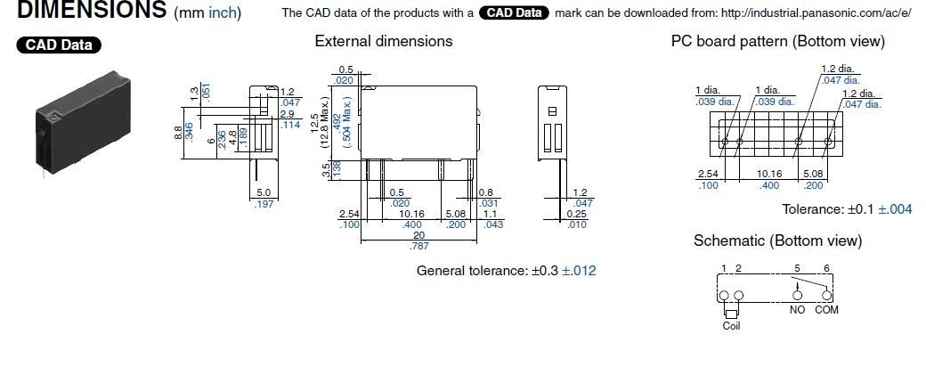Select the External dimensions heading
pos(384,41)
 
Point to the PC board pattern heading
pos(778,41)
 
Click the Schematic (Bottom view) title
pos(777,241)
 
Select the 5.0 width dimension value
pos(264,192)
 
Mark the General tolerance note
pos(506,270)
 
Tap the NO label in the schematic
pos(797,310)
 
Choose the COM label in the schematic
pos(826,310)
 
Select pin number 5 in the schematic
pos(797,268)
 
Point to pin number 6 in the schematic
pos(829,268)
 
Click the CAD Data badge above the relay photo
pos(59,45)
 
